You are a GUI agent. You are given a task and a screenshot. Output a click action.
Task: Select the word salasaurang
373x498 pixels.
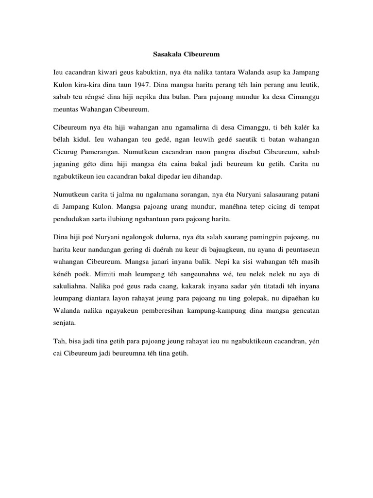(275, 195)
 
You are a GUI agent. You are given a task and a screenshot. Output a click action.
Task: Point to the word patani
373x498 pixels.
(309, 195)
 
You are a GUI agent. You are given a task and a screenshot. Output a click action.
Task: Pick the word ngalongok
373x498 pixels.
(136, 238)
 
